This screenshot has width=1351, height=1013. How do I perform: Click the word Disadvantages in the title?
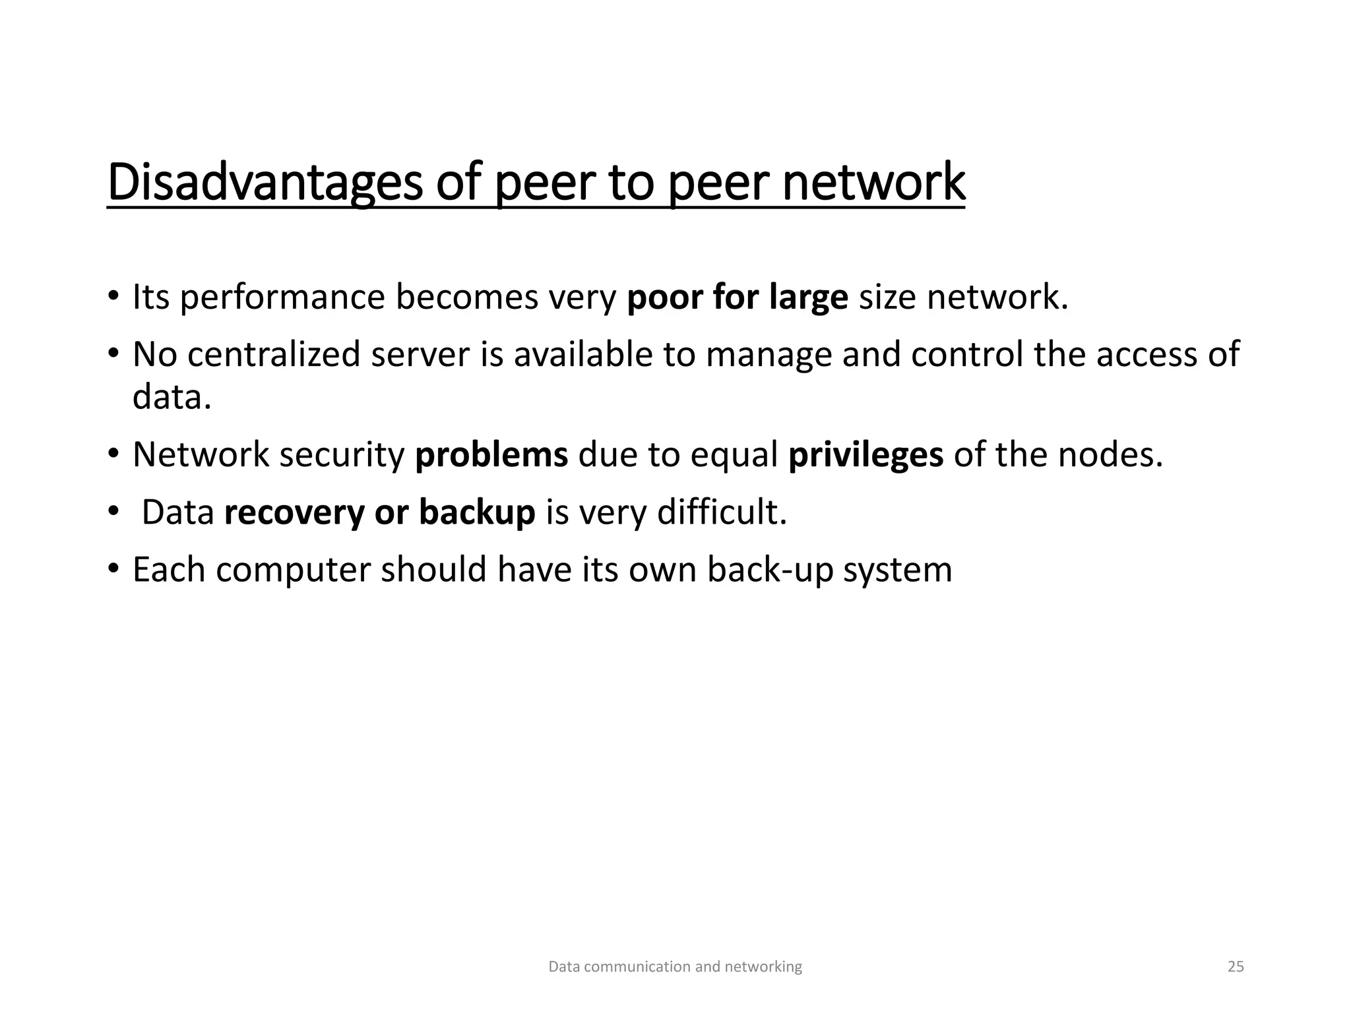click(265, 183)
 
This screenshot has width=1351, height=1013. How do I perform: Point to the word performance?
click(282, 297)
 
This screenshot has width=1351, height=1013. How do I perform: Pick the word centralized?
click(274, 354)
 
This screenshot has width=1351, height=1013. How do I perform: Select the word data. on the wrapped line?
click(172, 397)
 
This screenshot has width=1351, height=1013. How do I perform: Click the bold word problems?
click(491, 454)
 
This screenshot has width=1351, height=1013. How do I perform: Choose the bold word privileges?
click(865, 454)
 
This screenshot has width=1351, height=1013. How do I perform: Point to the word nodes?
click(1110, 454)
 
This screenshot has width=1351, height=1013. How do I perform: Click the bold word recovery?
click(294, 512)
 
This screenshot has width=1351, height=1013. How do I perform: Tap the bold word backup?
click(477, 512)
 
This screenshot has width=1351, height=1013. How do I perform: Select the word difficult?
click(722, 512)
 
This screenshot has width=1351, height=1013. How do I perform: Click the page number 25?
click(1236, 967)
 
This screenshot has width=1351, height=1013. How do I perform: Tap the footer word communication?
click(638, 967)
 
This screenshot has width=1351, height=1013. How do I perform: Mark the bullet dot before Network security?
click(113, 454)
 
